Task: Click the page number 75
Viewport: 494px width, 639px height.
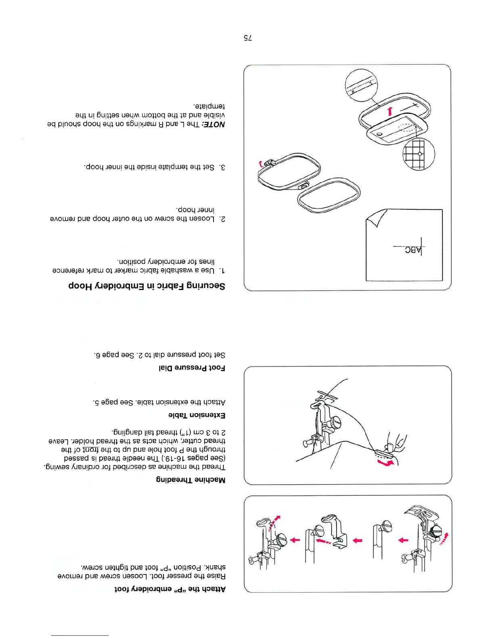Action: point(247,38)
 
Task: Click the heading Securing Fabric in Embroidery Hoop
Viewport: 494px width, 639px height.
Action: point(147,286)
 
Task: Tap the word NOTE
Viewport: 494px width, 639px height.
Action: point(215,124)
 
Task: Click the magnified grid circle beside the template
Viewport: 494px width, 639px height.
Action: point(419,154)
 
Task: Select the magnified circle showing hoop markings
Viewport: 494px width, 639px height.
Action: point(362,86)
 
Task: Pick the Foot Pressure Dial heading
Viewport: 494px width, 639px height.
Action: point(191,368)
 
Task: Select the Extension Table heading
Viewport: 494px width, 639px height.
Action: point(197,415)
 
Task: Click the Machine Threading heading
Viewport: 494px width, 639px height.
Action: point(191,480)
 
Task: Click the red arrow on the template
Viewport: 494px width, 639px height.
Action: point(389,111)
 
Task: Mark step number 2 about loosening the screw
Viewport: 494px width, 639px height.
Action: point(222,219)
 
